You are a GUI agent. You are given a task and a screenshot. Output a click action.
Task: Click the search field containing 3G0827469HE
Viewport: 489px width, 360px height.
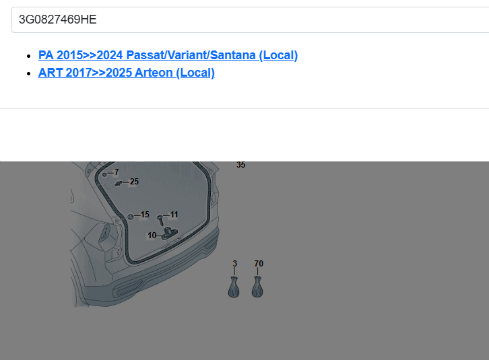[250, 20]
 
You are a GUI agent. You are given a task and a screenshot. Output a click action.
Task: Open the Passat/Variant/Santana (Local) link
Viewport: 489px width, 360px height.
[168, 55]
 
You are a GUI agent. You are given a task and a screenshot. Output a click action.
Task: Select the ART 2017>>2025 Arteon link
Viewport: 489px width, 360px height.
[127, 73]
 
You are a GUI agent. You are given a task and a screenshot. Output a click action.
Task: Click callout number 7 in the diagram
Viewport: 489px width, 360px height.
[117, 172]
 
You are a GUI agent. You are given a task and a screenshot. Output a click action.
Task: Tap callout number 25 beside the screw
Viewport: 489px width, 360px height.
[134, 182]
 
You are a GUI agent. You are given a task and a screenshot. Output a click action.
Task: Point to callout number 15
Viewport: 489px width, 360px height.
[145, 215]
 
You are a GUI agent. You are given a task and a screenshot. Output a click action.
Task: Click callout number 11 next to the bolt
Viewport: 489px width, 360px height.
[174, 215]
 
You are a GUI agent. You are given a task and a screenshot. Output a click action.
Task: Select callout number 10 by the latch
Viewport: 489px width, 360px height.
[152, 236]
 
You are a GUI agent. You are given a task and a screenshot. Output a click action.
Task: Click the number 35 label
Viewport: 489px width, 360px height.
[240, 165]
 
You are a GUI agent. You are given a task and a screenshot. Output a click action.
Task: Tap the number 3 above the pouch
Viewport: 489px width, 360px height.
[235, 264]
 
